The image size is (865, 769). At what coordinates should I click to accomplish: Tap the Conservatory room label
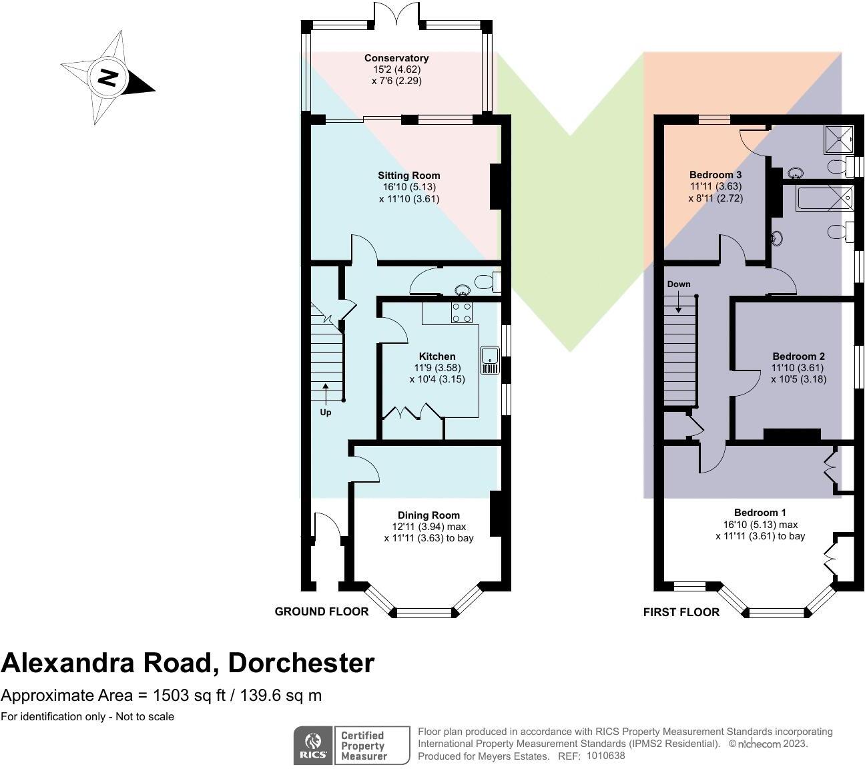(x=396, y=58)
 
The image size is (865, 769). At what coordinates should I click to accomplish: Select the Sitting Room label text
(x=409, y=176)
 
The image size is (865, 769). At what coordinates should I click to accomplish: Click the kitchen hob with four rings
(x=462, y=312)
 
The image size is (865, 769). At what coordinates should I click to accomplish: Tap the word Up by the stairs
(x=326, y=413)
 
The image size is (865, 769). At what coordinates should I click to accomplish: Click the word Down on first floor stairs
(x=679, y=284)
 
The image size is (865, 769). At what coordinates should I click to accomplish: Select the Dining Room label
(x=428, y=515)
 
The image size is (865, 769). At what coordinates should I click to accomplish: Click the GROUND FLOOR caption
(x=321, y=611)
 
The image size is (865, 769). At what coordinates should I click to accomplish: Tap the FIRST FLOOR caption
(x=681, y=612)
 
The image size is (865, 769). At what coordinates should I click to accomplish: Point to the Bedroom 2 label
(x=798, y=356)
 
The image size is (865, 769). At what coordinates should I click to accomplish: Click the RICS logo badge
(x=312, y=746)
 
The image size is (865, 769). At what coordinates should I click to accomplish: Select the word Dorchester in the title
(x=301, y=663)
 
